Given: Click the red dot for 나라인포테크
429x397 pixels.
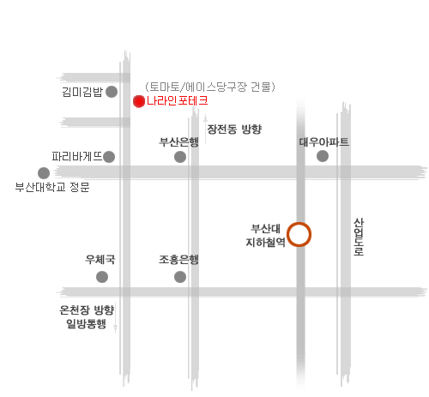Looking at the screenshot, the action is [x=139, y=101].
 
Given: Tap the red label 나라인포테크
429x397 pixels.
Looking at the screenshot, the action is [x=178, y=101].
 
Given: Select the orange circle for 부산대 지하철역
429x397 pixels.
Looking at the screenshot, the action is [x=299, y=234].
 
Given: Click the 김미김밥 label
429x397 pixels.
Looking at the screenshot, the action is [x=82, y=92].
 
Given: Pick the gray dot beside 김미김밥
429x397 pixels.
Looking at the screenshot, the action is [x=112, y=92].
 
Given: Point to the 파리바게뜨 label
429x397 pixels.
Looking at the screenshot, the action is [x=77, y=156].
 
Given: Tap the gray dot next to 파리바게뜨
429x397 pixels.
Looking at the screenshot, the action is [x=109, y=157].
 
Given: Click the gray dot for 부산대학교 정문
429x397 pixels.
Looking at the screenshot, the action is [x=44, y=173].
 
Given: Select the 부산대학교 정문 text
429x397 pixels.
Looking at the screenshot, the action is [x=52, y=187].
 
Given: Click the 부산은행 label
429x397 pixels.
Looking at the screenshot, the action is [x=178, y=141].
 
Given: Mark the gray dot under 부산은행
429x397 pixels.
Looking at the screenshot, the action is [x=180, y=157].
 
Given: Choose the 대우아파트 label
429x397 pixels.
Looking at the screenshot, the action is [x=324, y=141].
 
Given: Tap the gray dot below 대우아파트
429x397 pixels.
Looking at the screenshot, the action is [x=323, y=156].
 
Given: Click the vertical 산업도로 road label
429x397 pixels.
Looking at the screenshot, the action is [x=359, y=237].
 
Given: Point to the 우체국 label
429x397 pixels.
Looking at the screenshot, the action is [x=100, y=260].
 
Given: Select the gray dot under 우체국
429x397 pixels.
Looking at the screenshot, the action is [x=102, y=277].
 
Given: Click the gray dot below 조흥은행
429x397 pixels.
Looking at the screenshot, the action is [x=180, y=277].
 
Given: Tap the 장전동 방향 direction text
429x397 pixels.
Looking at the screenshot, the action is [x=234, y=129].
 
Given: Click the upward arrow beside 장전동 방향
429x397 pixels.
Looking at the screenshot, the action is [x=205, y=129].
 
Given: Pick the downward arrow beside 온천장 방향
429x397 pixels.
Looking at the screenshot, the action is [x=115, y=318].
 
